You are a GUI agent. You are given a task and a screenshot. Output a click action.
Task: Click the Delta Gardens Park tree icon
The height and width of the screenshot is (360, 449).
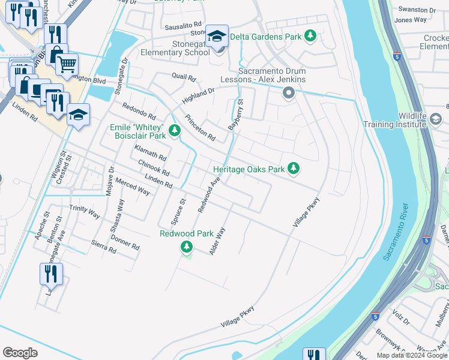[x=310, y=37]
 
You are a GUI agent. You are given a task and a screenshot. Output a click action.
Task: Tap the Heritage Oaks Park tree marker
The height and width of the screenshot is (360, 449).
[x=294, y=169]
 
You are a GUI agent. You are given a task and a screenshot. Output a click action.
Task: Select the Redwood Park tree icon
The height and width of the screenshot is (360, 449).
[x=187, y=246]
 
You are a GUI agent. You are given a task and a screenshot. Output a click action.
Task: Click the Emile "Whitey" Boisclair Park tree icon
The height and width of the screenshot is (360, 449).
[x=175, y=130]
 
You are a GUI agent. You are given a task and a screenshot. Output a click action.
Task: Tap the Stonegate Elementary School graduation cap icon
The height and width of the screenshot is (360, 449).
[x=217, y=37]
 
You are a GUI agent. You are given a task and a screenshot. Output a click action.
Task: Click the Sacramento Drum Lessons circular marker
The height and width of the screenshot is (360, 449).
[x=288, y=93]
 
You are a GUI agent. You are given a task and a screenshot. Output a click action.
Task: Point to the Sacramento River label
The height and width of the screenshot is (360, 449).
[x=397, y=231]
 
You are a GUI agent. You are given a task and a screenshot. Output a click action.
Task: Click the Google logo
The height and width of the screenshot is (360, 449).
[x=20, y=353]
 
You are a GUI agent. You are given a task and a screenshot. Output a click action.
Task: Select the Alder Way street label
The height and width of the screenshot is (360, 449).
[x=217, y=241]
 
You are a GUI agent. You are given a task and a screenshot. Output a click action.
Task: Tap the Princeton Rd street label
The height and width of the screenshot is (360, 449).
[x=200, y=127]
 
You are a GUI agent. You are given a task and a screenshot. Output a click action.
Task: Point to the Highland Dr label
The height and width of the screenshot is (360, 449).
[x=199, y=95]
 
